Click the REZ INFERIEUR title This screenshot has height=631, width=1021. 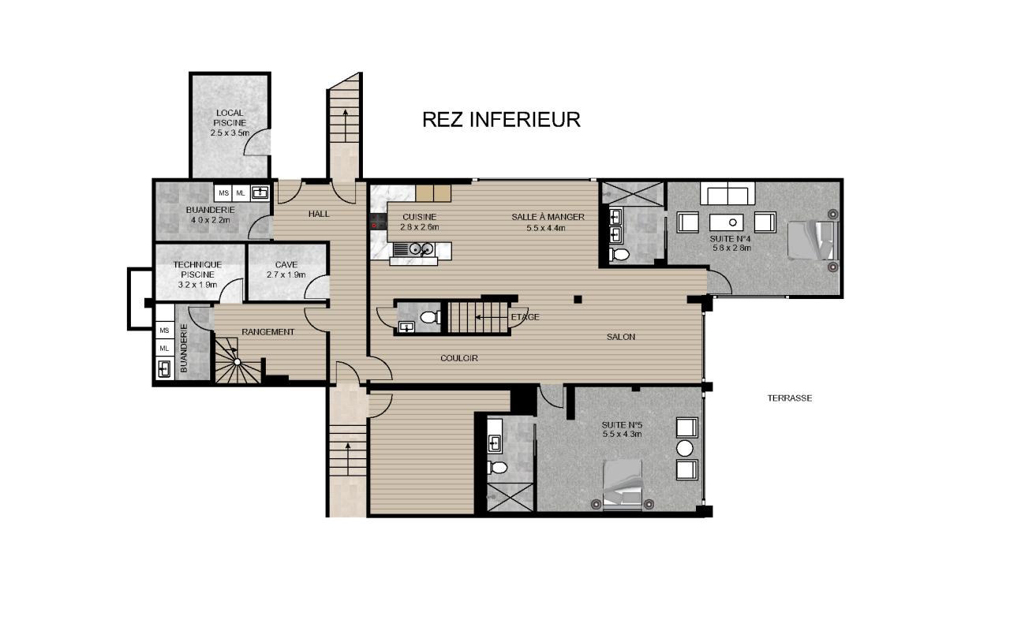tap(501, 120)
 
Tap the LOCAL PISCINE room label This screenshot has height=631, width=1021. tap(230, 123)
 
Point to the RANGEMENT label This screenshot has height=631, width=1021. tap(268, 332)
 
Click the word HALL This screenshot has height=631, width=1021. tap(319, 214)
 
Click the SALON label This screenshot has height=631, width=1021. tap(621, 337)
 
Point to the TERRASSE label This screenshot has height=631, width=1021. tap(790, 398)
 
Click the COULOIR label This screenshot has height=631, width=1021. tap(459, 359)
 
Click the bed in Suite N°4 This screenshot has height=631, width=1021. tap(813, 241)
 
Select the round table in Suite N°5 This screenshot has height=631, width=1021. tap(685, 448)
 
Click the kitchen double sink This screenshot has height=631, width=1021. tap(421, 249)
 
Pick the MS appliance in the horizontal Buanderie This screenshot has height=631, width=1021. tap(223, 193)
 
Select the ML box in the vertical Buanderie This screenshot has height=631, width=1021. tap(164, 349)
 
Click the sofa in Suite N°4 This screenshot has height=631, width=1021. tap(727, 193)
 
